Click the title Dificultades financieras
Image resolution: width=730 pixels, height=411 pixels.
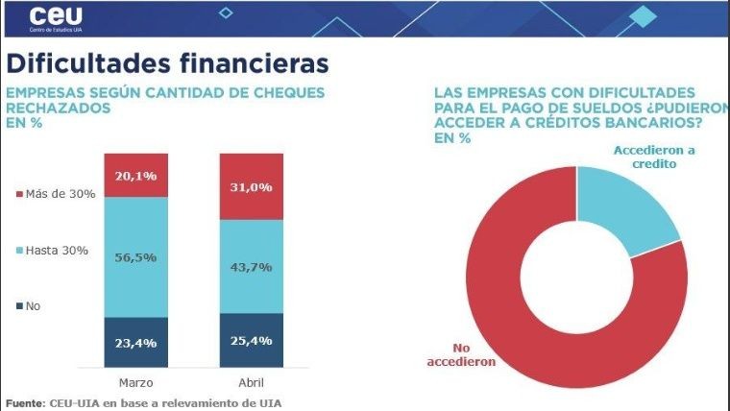[x=168, y=62]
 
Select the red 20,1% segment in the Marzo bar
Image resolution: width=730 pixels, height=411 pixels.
[x=135, y=175]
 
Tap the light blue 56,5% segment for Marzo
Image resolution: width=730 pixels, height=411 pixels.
[x=135, y=256]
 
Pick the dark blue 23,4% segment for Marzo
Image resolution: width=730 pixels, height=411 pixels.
[x=135, y=341]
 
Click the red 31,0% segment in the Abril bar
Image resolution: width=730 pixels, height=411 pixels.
[x=252, y=186]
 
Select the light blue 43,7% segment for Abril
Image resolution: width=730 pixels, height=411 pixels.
[x=252, y=266]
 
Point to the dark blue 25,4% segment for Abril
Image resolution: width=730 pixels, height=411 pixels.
[x=252, y=339]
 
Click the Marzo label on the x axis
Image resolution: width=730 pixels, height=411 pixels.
[x=135, y=381]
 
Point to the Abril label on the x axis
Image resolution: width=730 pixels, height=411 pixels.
[x=252, y=381]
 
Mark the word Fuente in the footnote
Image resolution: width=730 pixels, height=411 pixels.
[x=23, y=402]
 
